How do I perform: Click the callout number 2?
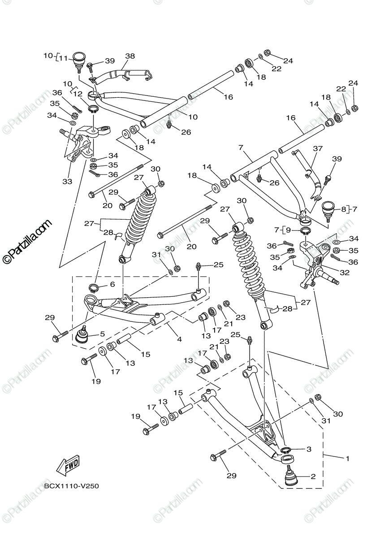(x=313, y=477)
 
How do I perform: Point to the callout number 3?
(x=309, y=448)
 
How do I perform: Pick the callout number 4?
(x=179, y=339)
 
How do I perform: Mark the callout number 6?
(x=112, y=284)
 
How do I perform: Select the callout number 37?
(x=318, y=148)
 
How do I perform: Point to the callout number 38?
(x=130, y=56)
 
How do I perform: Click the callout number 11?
(x=63, y=57)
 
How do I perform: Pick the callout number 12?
(x=78, y=94)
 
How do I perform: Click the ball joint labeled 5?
(x=83, y=335)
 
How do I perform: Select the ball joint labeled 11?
(x=79, y=60)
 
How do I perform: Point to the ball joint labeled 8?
(x=328, y=209)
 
